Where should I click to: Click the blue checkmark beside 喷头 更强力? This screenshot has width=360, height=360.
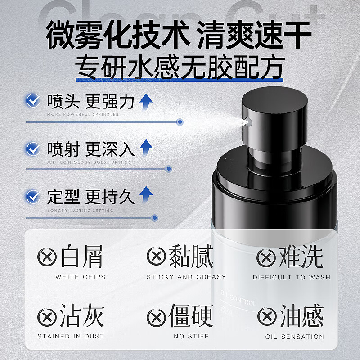33,101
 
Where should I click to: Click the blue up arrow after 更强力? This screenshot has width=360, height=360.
145,102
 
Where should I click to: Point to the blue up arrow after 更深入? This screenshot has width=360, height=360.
145,148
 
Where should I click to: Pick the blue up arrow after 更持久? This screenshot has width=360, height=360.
145,196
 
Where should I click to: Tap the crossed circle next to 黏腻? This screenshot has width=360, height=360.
157,257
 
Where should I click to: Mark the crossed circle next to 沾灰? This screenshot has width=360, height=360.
47,316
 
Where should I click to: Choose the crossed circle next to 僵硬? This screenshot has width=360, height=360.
157,316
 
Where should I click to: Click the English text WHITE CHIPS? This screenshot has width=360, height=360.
80,277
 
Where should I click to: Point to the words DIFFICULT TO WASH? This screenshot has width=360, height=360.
291,277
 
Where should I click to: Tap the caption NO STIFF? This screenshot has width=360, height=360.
186,336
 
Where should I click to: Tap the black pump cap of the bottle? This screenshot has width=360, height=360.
275,115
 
